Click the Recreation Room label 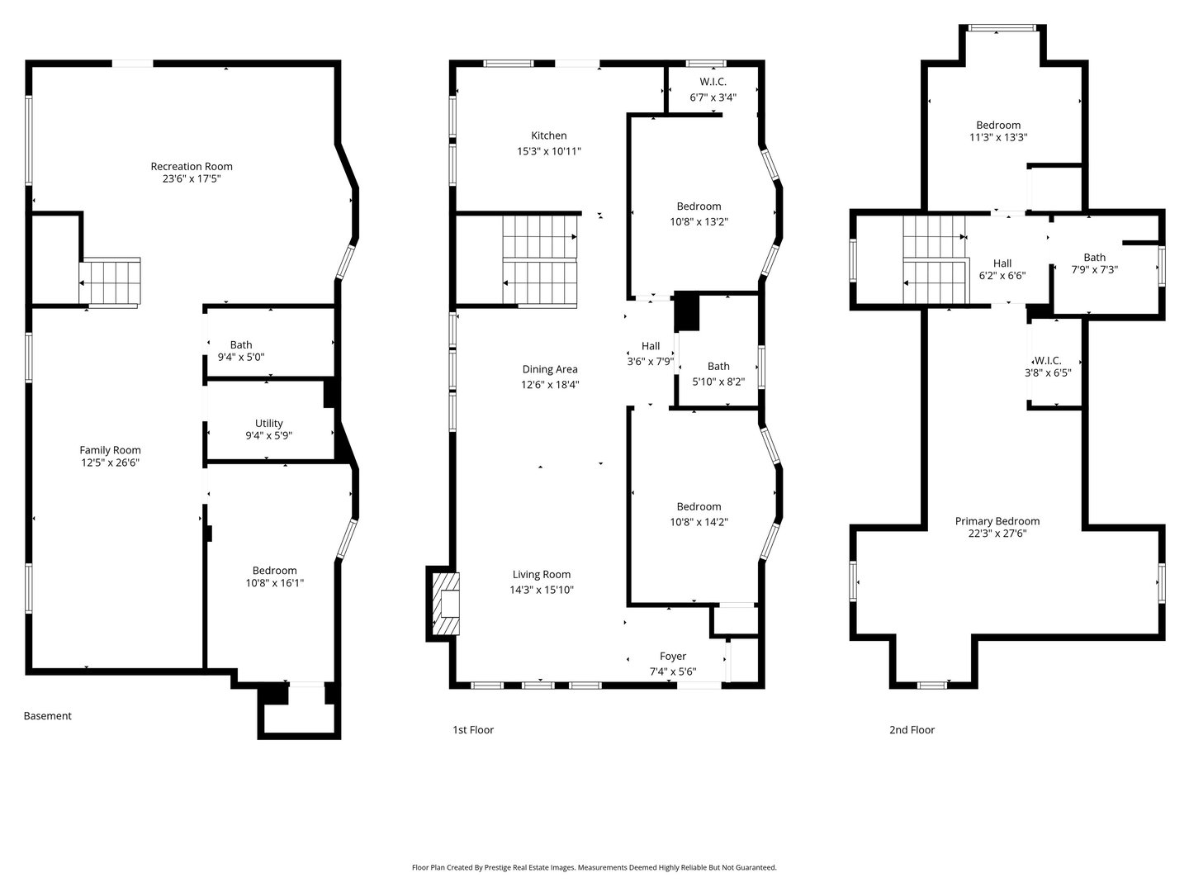click(x=192, y=167)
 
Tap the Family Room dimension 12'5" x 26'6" click(x=110, y=463)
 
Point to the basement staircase click(x=111, y=282)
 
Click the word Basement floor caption click(x=47, y=716)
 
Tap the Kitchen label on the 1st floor click(x=548, y=136)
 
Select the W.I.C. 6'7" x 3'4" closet click(x=713, y=89)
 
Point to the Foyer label click(x=672, y=657)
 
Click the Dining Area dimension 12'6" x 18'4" click(x=549, y=385)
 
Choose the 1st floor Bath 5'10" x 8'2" click(x=718, y=374)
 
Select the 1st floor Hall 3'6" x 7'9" click(x=651, y=353)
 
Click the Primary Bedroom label click(x=997, y=521)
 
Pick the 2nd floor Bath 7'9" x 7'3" click(x=1094, y=263)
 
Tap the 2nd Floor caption click(x=912, y=730)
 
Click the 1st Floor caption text click(x=473, y=730)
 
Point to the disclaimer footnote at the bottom click(x=594, y=867)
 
